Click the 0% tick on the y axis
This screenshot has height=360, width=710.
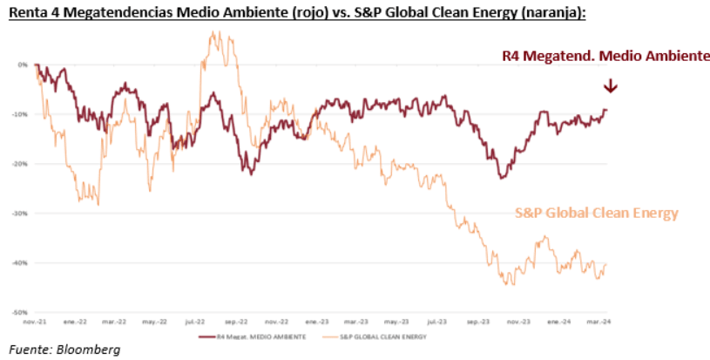pyautogui.click(x=23, y=65)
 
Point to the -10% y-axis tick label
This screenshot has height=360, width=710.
pyautogui.click(x=21, y=114)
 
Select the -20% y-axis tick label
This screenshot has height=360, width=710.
pyautogui.click(x=21, y=163)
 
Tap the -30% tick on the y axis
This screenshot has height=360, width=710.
pyautogui.click(x=21, y=213)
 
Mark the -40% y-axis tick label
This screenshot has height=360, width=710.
pyautogui.click(x=21, y=262)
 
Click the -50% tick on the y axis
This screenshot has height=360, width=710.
pyautogui.click(x=21, y=311)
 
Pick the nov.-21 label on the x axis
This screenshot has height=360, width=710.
pyautogui.click(x=36, y=321)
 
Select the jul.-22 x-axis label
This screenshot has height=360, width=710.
pyautogui.click(x=195, y=321)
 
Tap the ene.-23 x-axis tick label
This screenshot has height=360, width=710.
pyautogui.click(x=314, y=321)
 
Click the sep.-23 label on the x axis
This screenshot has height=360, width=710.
pyautogui.click(x=474, y=321)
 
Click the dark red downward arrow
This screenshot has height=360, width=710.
pyautogui.click(x=611, y=85)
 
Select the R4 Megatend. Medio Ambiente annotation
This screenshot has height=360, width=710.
pyautogui.click(x=606, y=56)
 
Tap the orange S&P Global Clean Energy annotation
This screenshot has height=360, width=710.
pyautogui.click(x=596, y=213)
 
